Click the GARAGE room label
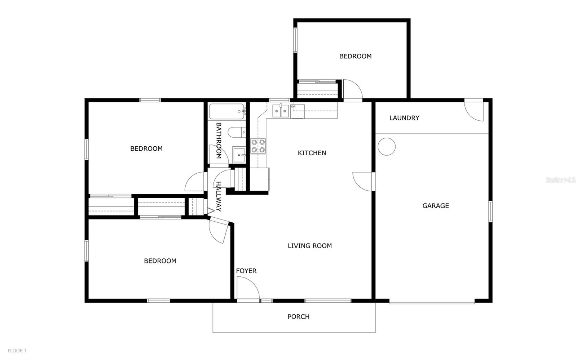coord(436,206)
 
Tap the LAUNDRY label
coord(404,118)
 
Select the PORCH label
coord(298,317)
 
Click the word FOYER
coord(246,271)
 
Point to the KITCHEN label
coord(312,153)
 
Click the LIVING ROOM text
coord(309,246)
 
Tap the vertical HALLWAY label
coord(219,196)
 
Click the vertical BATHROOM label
coord(219,141)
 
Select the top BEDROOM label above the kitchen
coord(355,56)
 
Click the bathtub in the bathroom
coord(227,112)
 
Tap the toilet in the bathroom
coord(237,132)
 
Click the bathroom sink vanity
coord(239,155)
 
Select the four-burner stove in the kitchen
coord(258,146)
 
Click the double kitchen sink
coord(281,111)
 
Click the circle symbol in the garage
coord(386,147)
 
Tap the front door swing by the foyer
coord(247,288)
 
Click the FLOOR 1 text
coord(17,351)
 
